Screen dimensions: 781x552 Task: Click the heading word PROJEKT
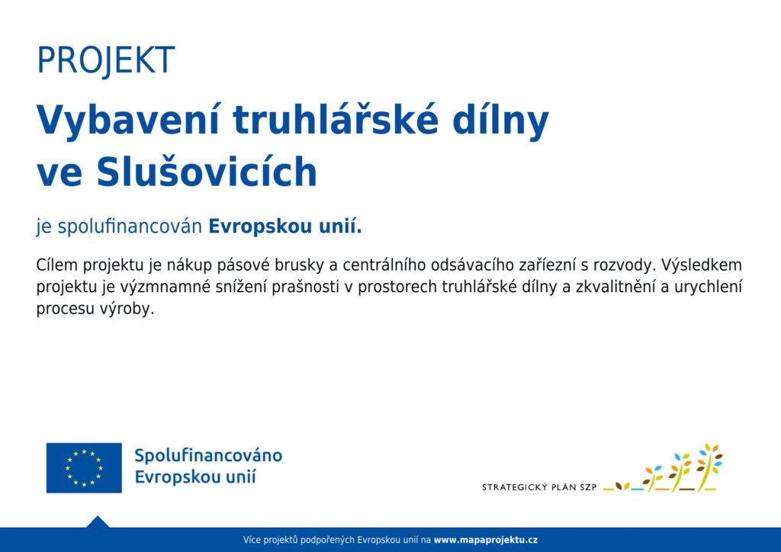(105, 61)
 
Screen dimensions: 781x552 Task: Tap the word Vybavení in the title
(128, 121)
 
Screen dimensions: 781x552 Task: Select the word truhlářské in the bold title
(336, 120)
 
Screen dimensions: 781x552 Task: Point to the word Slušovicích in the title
(207, 171)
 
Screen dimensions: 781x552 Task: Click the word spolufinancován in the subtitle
(130, 227)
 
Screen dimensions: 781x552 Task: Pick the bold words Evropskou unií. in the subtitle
(285, 226)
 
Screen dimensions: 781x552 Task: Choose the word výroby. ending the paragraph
(127, 309)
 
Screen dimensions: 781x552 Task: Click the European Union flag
(84, 468)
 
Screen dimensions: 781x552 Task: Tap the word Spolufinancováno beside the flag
(208, 456)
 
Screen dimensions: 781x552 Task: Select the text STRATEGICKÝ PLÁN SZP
(539, 487)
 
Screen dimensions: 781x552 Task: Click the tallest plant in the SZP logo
(709, 466)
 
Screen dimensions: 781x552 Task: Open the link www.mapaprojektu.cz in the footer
(486, 540)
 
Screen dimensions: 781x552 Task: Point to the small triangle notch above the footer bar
(98, 522)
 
